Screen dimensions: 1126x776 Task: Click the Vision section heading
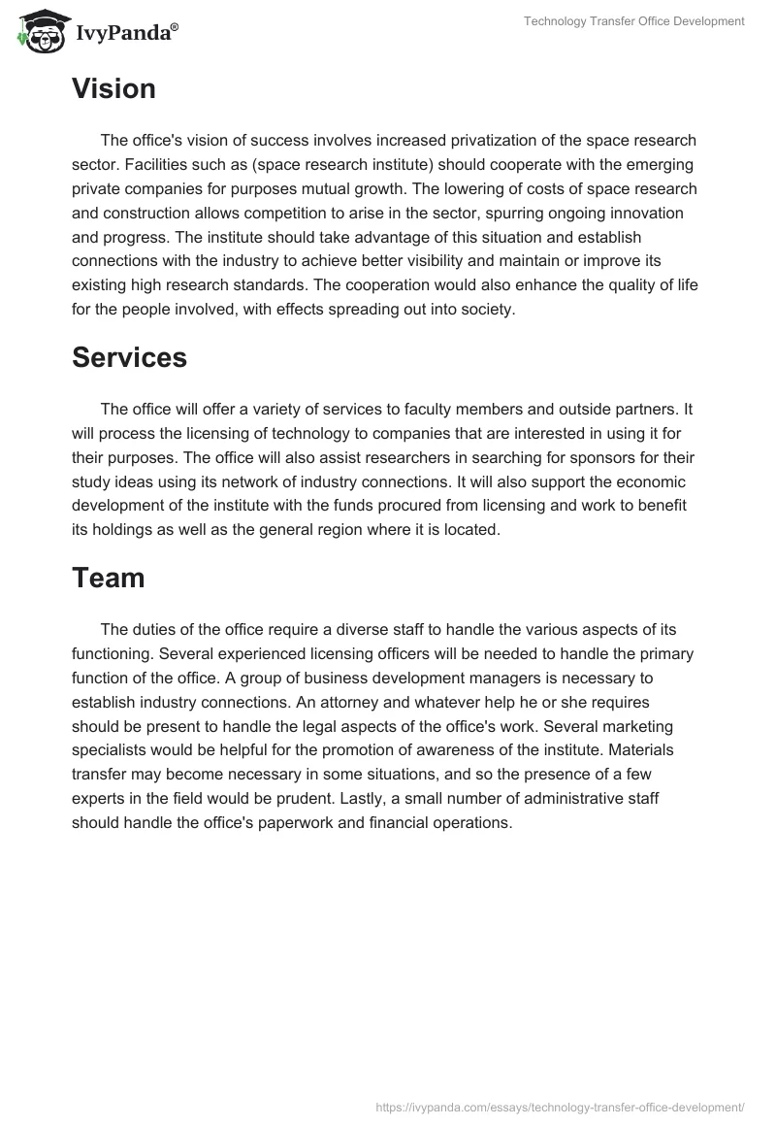click(113, 89)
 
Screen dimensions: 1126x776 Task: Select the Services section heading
click(129, 357)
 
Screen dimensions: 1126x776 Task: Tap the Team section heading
click(108, 578)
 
